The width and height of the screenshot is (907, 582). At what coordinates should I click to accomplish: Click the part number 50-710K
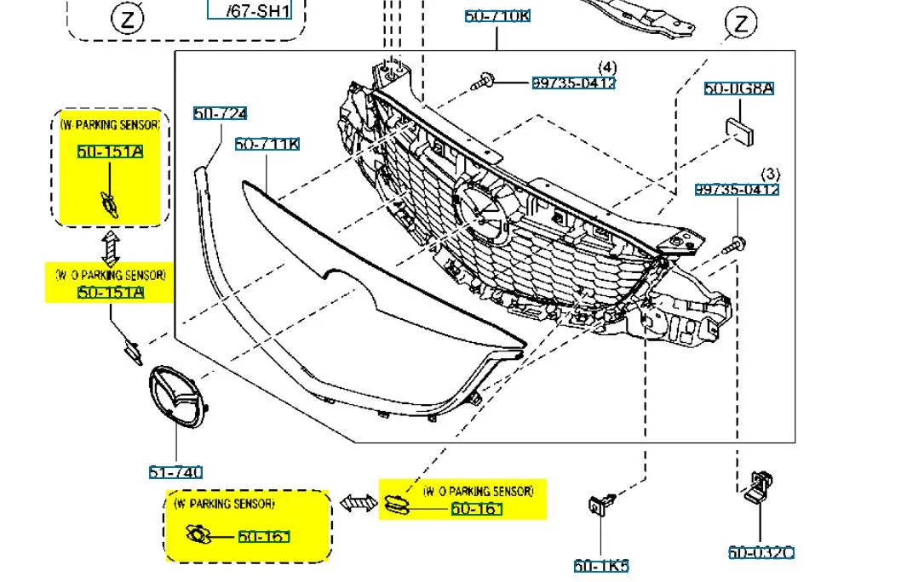[x=497, y=15]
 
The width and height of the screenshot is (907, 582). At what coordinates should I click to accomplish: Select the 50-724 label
[x=220, y=114]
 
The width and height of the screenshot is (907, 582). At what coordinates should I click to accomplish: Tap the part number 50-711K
[x=267, y=145]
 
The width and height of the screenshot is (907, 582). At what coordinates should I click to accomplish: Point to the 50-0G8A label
[x=738, y=88]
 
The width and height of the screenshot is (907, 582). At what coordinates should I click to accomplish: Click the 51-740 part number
[x=176, y=472]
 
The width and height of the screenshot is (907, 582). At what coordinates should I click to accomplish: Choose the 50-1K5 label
[x=601, y=566]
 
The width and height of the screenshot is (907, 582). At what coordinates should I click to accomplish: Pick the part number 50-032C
[x=761, y=552]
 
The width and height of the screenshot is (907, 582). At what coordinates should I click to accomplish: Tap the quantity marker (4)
[x=606, y=67]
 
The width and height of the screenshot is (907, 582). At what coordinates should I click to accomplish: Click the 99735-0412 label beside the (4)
[x=573, y=83]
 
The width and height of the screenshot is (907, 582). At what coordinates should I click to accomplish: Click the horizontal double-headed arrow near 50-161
[x=358, y=504]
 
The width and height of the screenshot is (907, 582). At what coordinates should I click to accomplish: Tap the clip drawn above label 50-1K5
[x=599, y=505]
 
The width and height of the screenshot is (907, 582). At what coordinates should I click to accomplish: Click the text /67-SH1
[x=259, y=11]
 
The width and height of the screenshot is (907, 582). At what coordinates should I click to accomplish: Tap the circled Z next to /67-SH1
[x=127, y=19]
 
